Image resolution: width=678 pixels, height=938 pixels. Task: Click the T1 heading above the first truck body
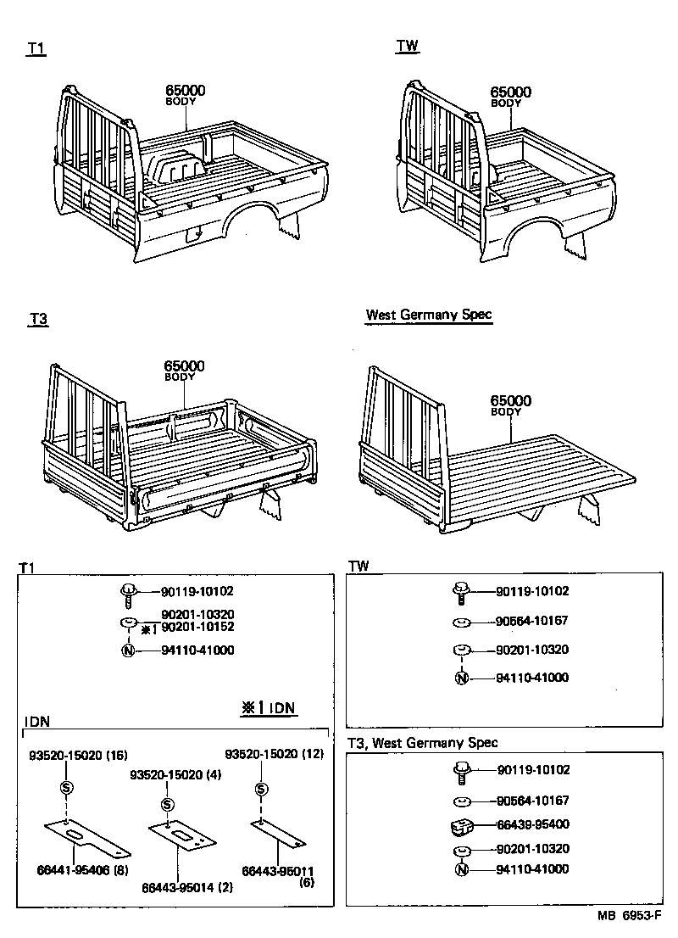coord(36,49)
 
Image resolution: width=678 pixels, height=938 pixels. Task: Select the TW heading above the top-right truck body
coord(407,46)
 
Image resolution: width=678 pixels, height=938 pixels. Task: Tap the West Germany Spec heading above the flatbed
coord(428,315)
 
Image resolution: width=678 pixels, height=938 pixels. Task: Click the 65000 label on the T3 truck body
coord(184,366)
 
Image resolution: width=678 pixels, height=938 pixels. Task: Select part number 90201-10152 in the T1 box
coord(197,627)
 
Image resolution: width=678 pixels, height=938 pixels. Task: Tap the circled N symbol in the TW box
coord(461,678)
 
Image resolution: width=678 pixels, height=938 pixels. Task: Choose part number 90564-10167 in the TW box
coord(531,621)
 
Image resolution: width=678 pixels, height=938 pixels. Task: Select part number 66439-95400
coord(531,824)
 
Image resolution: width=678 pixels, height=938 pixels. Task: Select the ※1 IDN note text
coord(270,706)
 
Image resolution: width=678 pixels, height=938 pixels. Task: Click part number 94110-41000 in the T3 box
coord(531,869)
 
